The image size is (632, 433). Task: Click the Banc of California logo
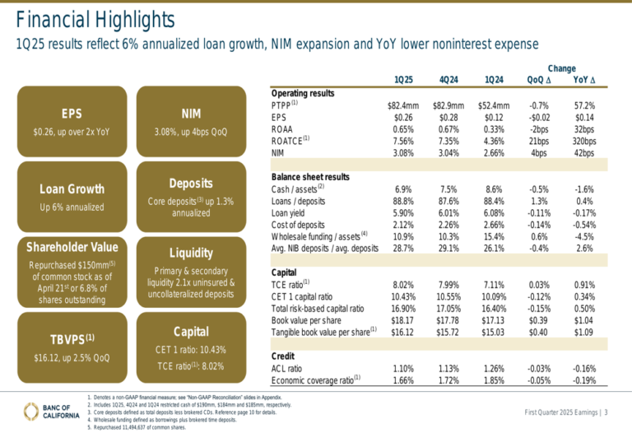click(41, 411)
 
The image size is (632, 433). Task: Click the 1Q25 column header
click(404, 79)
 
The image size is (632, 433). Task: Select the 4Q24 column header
click(449, 79)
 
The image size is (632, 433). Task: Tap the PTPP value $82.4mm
click(403, 105)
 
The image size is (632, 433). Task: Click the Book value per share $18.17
click(403, 320)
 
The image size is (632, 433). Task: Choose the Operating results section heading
click(303, 93)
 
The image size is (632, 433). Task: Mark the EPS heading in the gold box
click(71, 114)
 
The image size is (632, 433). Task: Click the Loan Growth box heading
click(71, 189)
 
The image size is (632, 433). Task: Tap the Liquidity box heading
click(191, 253)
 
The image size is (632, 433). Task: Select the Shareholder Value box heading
click(71, 247)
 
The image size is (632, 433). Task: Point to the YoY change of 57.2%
click(583, 105)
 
